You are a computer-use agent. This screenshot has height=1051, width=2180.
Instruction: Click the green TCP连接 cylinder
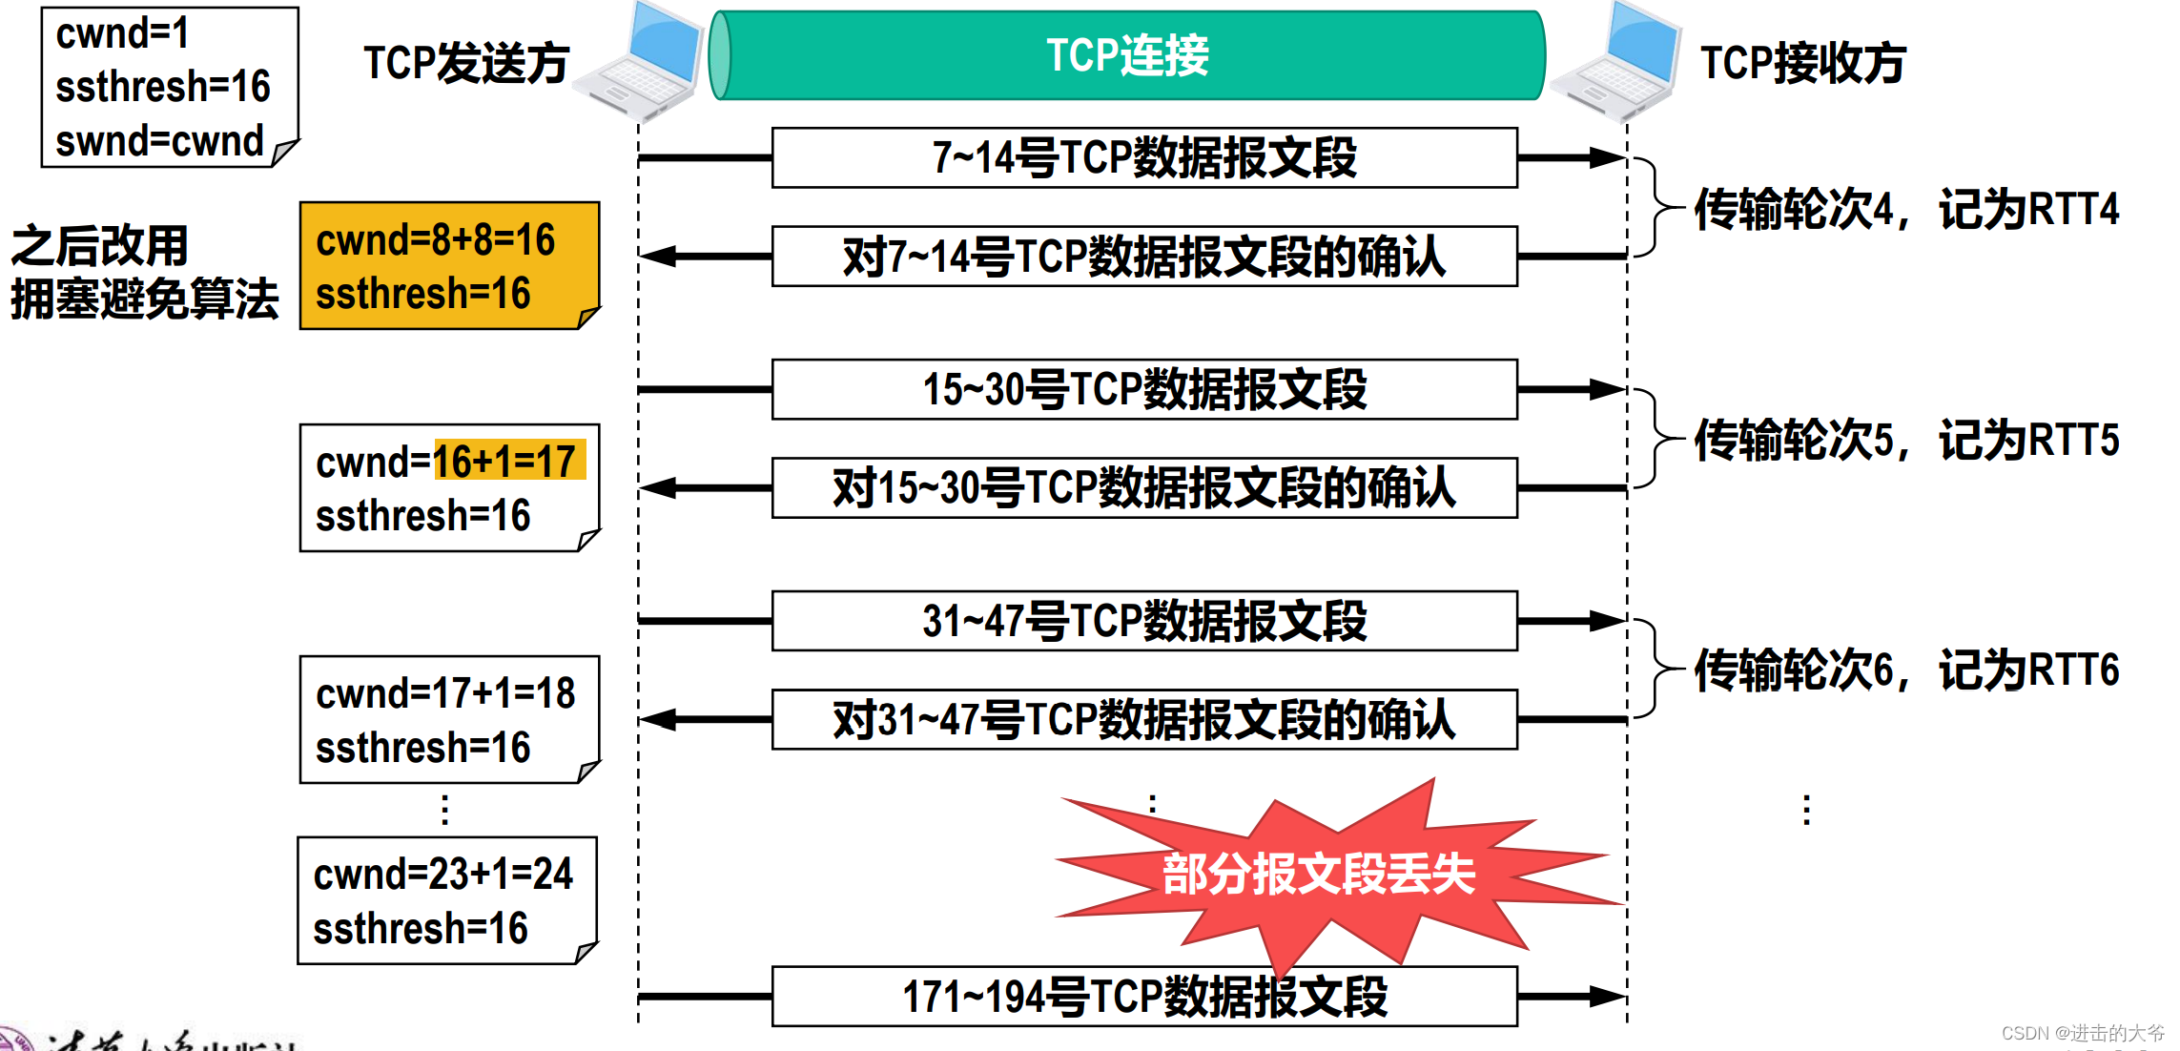[1127, 55]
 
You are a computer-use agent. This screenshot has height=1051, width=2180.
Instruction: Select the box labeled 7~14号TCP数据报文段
[1144, 157]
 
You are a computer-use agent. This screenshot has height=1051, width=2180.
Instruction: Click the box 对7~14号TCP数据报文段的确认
[1144, 257]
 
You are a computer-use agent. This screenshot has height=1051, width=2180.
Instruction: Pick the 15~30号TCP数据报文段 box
[1144, 389]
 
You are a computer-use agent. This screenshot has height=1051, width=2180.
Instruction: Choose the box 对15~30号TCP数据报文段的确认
[1144, 488]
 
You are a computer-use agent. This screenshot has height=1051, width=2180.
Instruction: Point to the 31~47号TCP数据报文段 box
[1144, 621]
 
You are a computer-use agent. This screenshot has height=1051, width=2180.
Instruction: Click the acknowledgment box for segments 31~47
[1144, 720]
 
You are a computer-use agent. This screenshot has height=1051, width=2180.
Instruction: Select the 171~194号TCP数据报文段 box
[1144, 997]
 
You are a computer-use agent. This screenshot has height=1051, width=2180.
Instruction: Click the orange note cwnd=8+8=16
[448, 265]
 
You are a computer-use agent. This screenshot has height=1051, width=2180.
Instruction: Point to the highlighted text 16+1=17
[508, 462]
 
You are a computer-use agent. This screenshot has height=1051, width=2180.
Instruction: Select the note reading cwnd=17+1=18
[448, 719]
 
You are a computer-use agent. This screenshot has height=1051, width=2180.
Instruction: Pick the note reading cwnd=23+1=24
[446, 900]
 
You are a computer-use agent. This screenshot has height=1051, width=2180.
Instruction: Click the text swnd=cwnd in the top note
[159, 141]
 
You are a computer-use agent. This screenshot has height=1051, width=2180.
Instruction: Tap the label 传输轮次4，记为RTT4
[1905, 210]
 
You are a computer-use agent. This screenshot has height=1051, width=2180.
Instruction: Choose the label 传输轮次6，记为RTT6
[1905, 670]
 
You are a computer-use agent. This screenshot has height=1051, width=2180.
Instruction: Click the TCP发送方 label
[466, 64]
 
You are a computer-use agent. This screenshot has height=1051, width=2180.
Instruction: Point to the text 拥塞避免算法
[145, 299]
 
